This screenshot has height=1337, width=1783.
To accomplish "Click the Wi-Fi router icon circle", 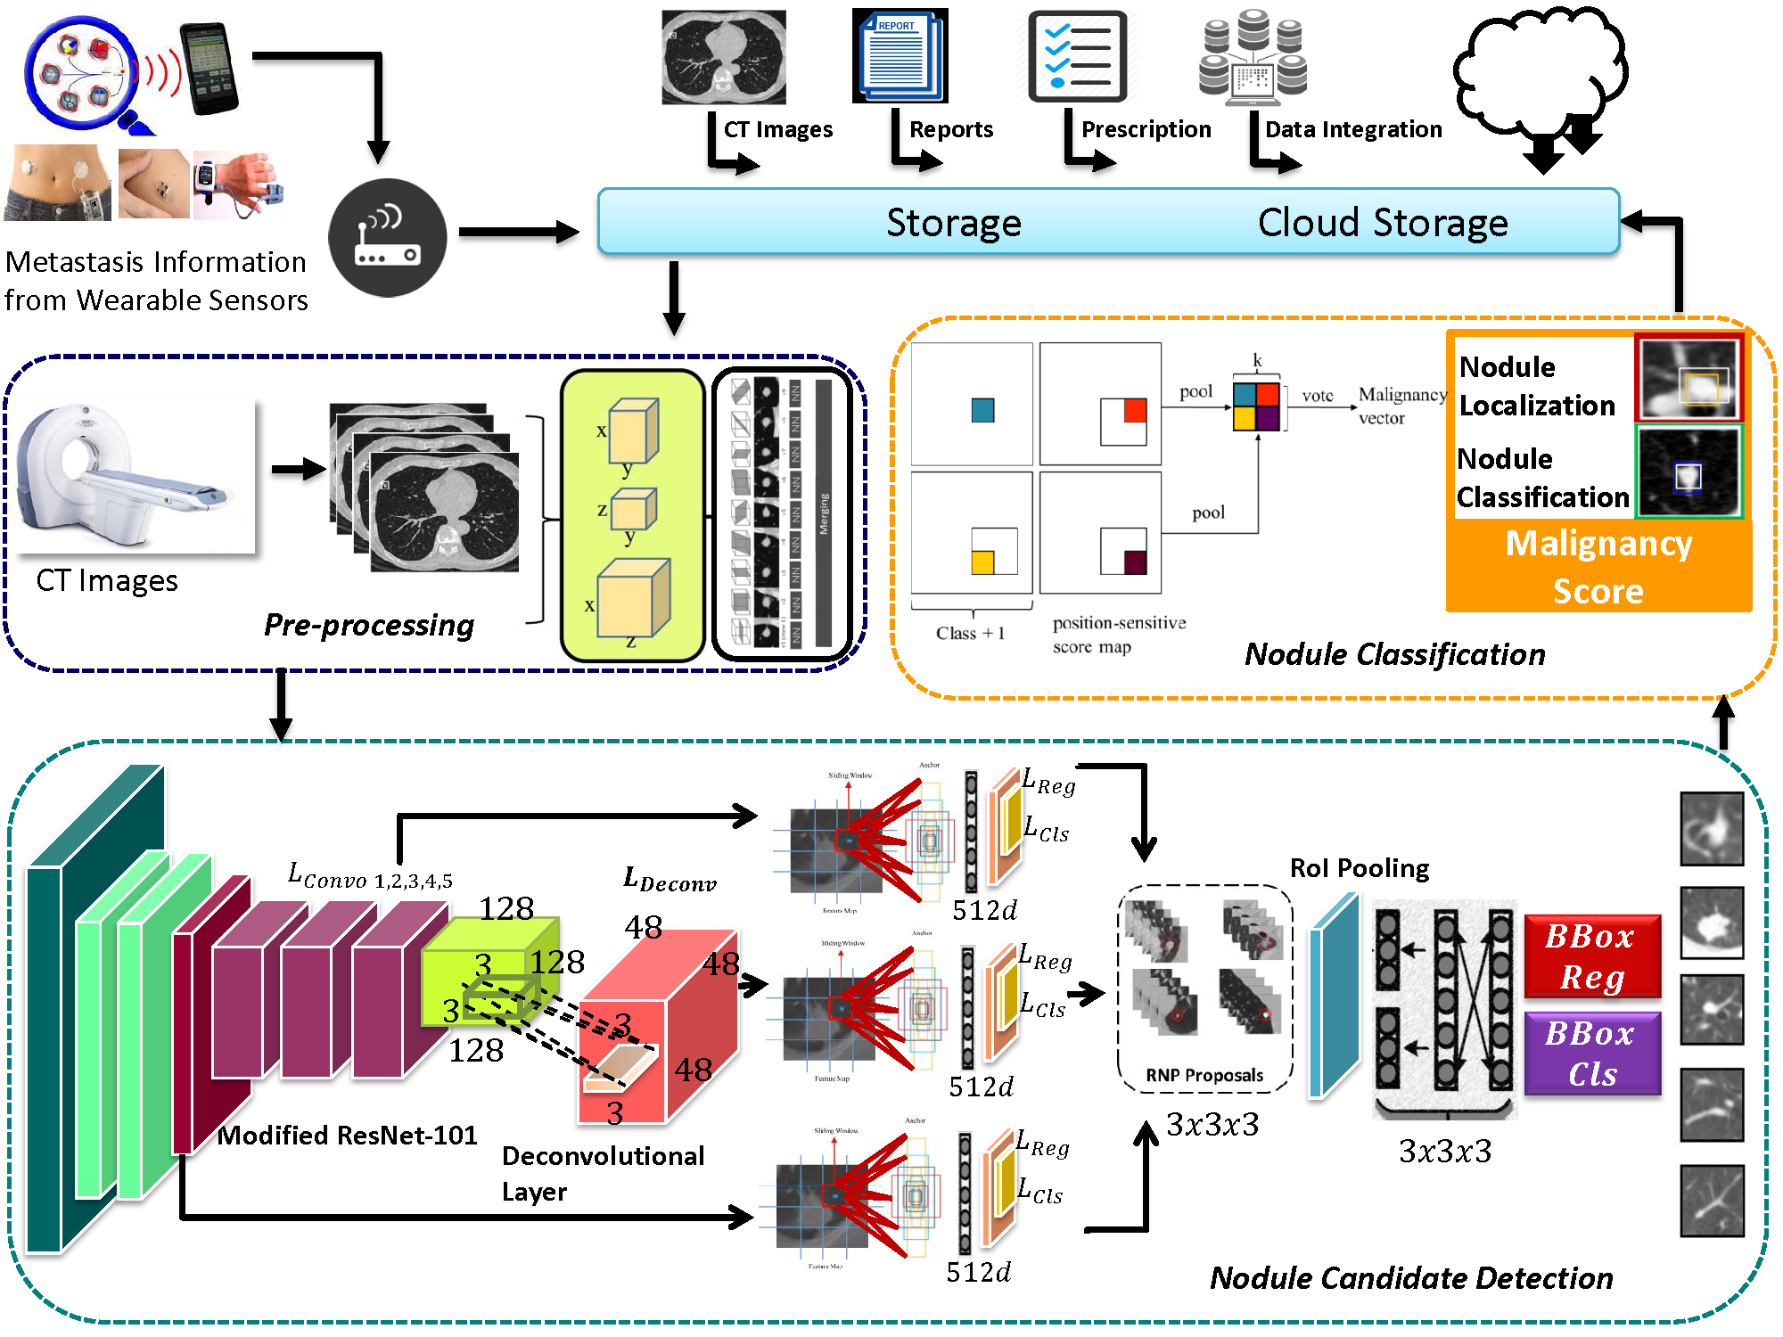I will pyautogui.click(x=387, y=237).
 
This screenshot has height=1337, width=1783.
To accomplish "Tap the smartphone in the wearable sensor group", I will pyautogui.click(x=210, y=70).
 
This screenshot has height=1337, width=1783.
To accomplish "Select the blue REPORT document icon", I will pyautogui.click(x=900, y=56).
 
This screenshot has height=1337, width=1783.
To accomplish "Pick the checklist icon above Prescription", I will pyautogui.click(x=1077, y=56).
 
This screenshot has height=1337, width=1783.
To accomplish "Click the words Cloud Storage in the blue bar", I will pyautogui.click(x=1383, y=223).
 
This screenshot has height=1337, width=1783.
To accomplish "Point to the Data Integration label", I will pyautogui.click(x=1353, y=130).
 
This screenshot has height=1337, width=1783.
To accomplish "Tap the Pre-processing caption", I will pyautogui.click(x=369, y=626).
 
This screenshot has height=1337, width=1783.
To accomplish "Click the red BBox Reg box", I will pyautogui.click(x=1592, y=956).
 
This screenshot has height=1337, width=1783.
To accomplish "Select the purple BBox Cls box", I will pyautogui.click(x=1592, y=1054).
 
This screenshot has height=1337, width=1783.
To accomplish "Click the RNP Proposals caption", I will pyautogui.click(x=1204, y=1076).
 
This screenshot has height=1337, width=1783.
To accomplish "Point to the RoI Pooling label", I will pyautogui.click(x=1360, y=868).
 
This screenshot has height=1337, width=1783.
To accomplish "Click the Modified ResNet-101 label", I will pyautogui.click(x=348, y=1136).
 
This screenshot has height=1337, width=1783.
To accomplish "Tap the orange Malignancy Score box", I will pyautogui.click(x=1598, y=567).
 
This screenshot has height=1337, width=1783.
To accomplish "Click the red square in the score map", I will pyautogui.click(x=1135, y=410).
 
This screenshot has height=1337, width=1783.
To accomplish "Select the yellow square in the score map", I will pyautogui.click(x=982, y=562).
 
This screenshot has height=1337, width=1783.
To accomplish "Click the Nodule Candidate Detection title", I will pyautogui.click(x=1411, y=1278).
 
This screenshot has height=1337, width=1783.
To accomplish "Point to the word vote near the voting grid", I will pyautogui.click(x=1318, y=396).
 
